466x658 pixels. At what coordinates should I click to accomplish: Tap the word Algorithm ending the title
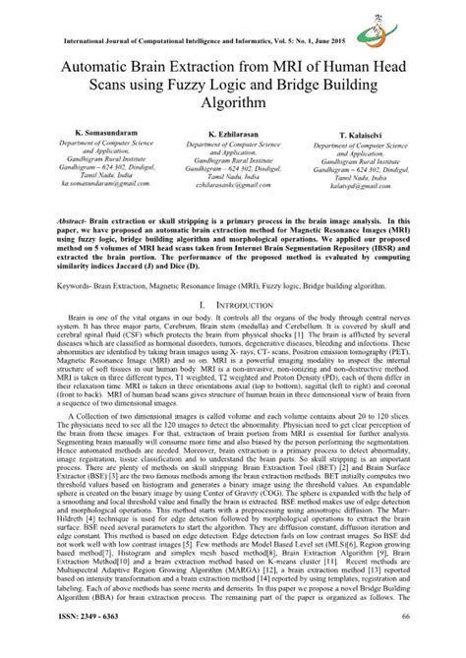pos(232,104)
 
